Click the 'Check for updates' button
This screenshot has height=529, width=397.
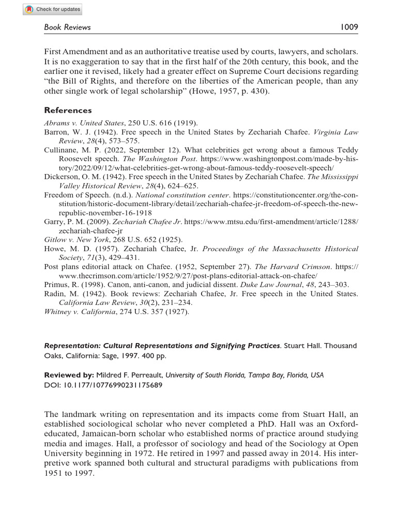(x=53, y=9)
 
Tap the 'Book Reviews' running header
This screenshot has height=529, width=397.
(x=67, y=27)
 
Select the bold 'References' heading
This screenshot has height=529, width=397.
(x=68, y=110)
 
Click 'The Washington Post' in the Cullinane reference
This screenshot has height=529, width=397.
(x=157, y=160)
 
